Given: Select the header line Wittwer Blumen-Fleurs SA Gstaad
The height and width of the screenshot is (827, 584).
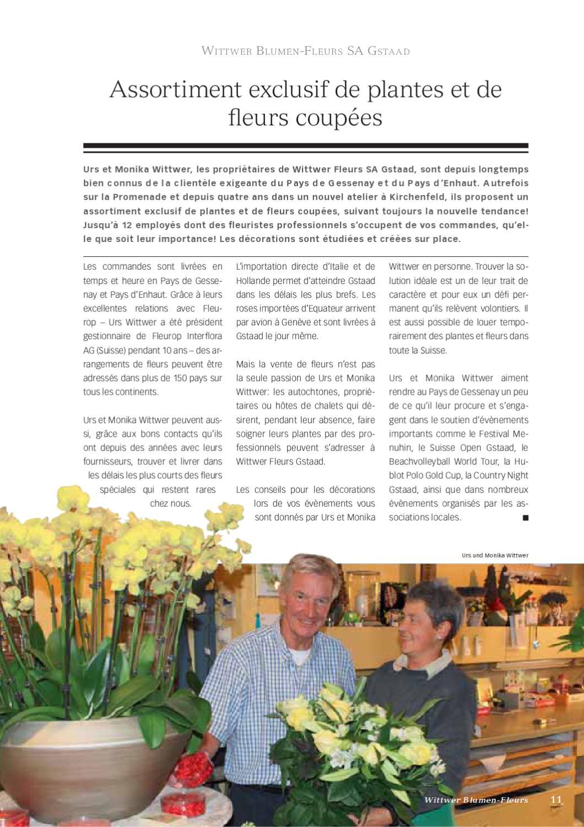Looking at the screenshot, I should point(305,51).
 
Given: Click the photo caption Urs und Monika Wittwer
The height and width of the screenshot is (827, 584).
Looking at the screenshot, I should point(495,555).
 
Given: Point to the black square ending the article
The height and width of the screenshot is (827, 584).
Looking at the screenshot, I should point(524,518).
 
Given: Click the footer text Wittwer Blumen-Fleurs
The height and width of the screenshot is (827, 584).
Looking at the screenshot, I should point(476,800).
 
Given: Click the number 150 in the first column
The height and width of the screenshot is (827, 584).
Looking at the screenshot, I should point(180,378).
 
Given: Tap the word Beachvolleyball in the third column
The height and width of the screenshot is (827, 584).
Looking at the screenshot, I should point(419,461).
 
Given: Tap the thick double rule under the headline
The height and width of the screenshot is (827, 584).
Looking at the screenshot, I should point(305,147).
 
